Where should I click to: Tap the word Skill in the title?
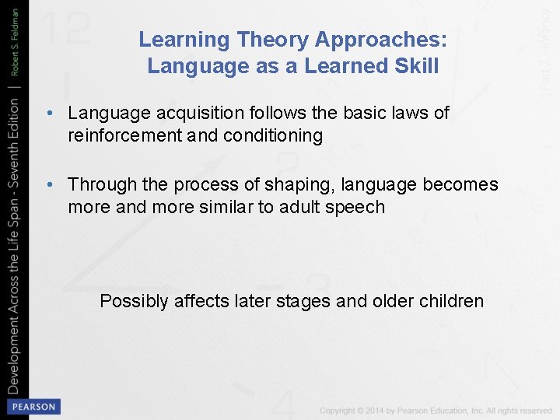pos(418,66)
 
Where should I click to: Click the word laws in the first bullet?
pos(415,114)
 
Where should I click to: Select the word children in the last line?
pos(451,301)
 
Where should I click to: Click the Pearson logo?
pos(33,407)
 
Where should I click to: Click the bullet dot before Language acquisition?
pos(49,114)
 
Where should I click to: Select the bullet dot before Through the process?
pos(49,185)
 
